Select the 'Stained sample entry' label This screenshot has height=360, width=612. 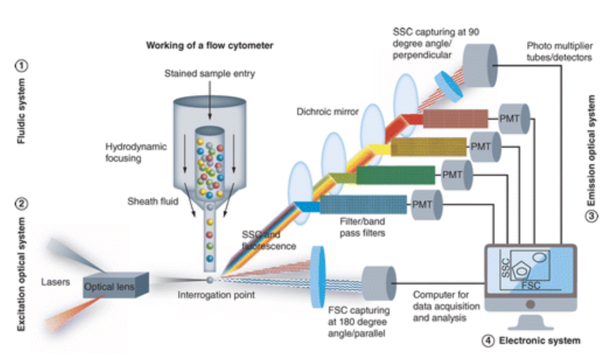pyautogui.click(x=209, y=74)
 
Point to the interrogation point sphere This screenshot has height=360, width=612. pyautogui.click(x=210, y=279)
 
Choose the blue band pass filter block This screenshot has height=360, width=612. pyautogui.click(x=364, y=204)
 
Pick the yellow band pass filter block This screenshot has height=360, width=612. pyautogui.click(x=430, y=147)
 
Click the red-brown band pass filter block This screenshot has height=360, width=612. pyautogui.click(x=456, y=118)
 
